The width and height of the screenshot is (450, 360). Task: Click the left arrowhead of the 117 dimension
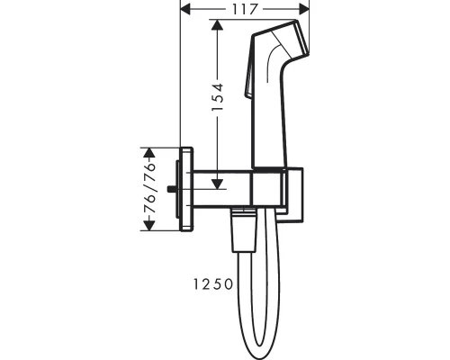tap(185, 10)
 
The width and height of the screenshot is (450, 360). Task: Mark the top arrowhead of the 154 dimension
tap(217, 26)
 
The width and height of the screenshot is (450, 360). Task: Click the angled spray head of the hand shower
tap(282, 43)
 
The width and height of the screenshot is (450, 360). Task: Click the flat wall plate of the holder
tap(187, 187)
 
